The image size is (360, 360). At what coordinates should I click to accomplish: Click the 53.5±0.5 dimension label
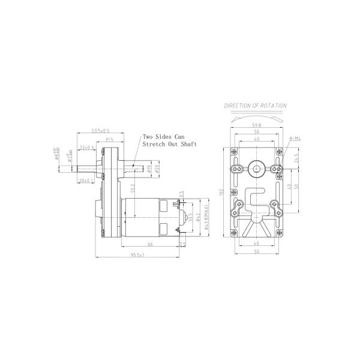pos(100,130)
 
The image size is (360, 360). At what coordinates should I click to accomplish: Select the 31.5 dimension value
pos(109,140)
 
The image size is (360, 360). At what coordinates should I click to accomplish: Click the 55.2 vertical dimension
pos(133,188)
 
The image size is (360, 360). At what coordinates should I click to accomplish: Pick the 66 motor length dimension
pos(150,245)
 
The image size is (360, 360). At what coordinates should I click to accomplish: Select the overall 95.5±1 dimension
pos(137,255)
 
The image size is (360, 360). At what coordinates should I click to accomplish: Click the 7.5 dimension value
pos(182,244)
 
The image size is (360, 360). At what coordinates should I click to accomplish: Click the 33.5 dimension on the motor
pos(191,216)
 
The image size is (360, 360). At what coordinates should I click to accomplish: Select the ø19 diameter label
pos(148,169)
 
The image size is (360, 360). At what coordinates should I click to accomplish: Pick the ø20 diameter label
pos(156,169)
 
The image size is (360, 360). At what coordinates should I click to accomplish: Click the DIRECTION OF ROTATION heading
pos(256,105)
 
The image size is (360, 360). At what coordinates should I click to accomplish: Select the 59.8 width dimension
pos(256,125)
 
